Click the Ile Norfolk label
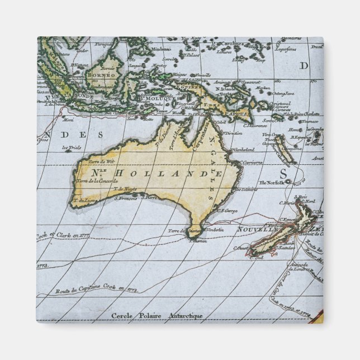click(271, 183)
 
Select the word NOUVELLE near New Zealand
click(257, 230)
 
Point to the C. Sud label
click(257, 258)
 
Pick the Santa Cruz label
click(273, 120)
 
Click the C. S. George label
click(228, 211)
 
